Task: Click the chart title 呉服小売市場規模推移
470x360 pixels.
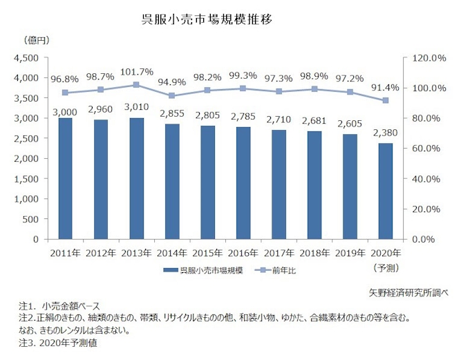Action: [x=207, y=19]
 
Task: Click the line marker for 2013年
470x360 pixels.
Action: [x=135, y=85]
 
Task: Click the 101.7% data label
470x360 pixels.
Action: [x=135, y=71]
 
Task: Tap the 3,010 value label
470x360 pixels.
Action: [x=135, y=108]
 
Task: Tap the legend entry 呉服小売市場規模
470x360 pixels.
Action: [x=205, y=270]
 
